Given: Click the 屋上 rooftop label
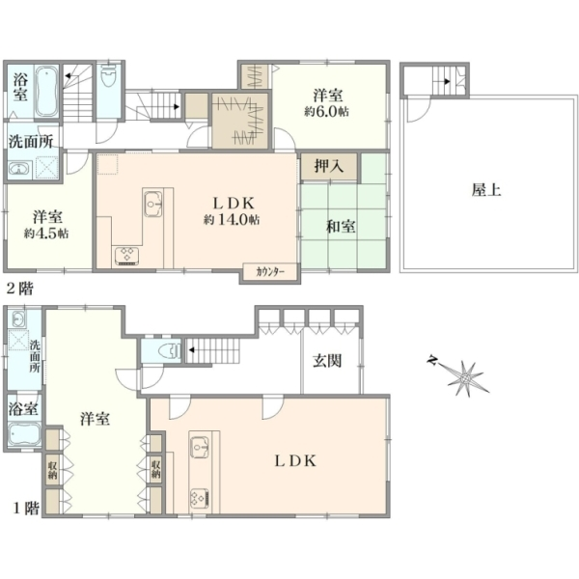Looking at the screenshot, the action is pyautogui.click(x=486, y=190).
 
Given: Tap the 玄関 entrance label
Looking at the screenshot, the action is pyautogui.click(x=327, y=361).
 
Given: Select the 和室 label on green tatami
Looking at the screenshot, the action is pyautogui.click(x=341, y=227).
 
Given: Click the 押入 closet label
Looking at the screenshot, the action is pyautogui.click(x=329, y=167).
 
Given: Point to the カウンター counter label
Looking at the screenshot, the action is pyautogui.click(x=270, y=272).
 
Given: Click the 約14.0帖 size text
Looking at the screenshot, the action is pyautogui.click(x=232, y=220).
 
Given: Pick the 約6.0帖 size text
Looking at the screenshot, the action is pyautogui.click(x=326, y=111).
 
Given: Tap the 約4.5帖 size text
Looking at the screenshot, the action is pyautogui.click(x=46, y=234).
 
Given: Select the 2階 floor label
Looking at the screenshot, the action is pyautogui.click(x=20, y=288).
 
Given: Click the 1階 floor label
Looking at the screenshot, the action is pyautogui.click(x=26, y=509).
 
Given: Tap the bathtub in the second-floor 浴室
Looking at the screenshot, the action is pyautogui.click(x=47, y=92).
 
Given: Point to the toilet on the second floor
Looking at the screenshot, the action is pyautogui.click(x=108, y=75).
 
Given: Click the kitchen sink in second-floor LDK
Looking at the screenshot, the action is pyautogui.click(x=153, y=204).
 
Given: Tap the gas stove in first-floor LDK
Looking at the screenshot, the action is pyautogui.click(x=200, y=498).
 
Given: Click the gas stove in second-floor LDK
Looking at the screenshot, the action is pyautogui.click(x=127, y=256).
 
